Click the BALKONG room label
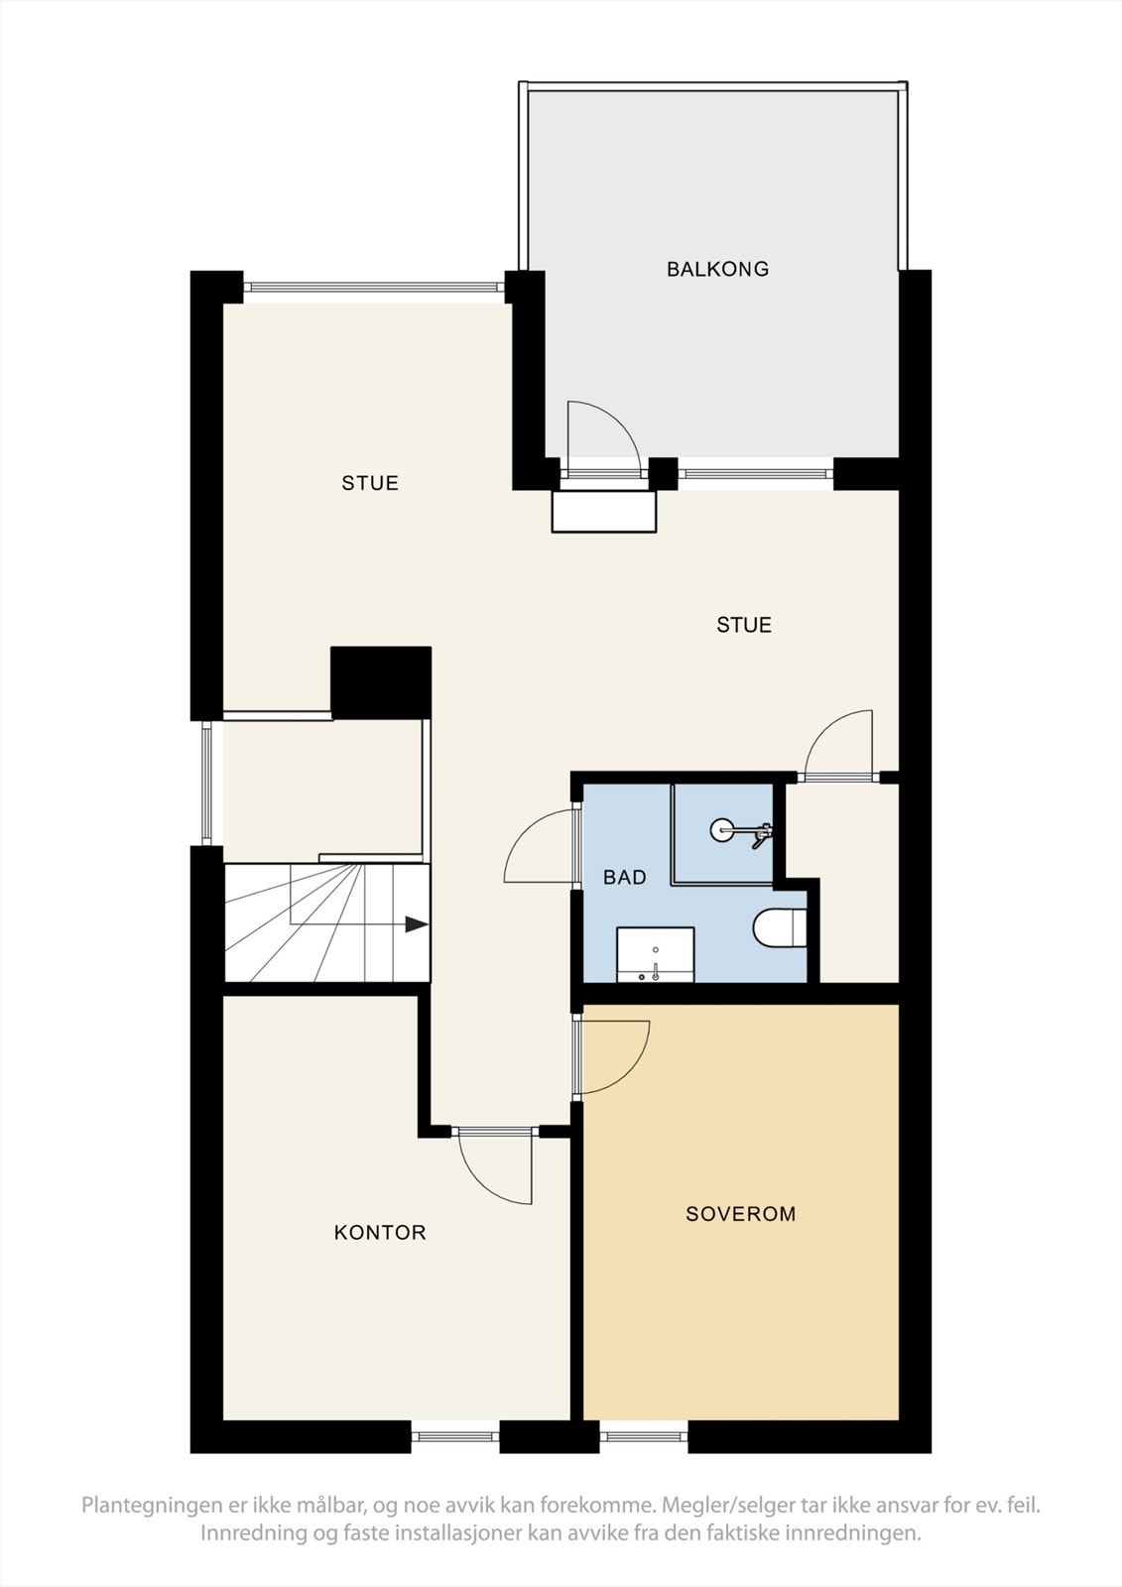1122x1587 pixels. (x=717, y=269)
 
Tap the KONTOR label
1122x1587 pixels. (x=380, y=1233)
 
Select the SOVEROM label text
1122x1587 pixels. (x=740, y=1214)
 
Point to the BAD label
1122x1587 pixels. (x=624, y=878)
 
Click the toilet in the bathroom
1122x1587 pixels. (x=781, y=929)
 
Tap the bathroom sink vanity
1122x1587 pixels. (x=655, y=954)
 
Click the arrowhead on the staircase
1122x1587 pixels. (x=417, y=924)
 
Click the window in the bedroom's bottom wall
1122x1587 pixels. (x=643, y=1435)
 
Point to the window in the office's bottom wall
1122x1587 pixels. (x=454, y=1435)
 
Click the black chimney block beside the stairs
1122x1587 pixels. (x=381, y=682)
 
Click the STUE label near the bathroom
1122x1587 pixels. (x=744, y=625)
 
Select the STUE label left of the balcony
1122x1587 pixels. (x=370, y=483)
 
